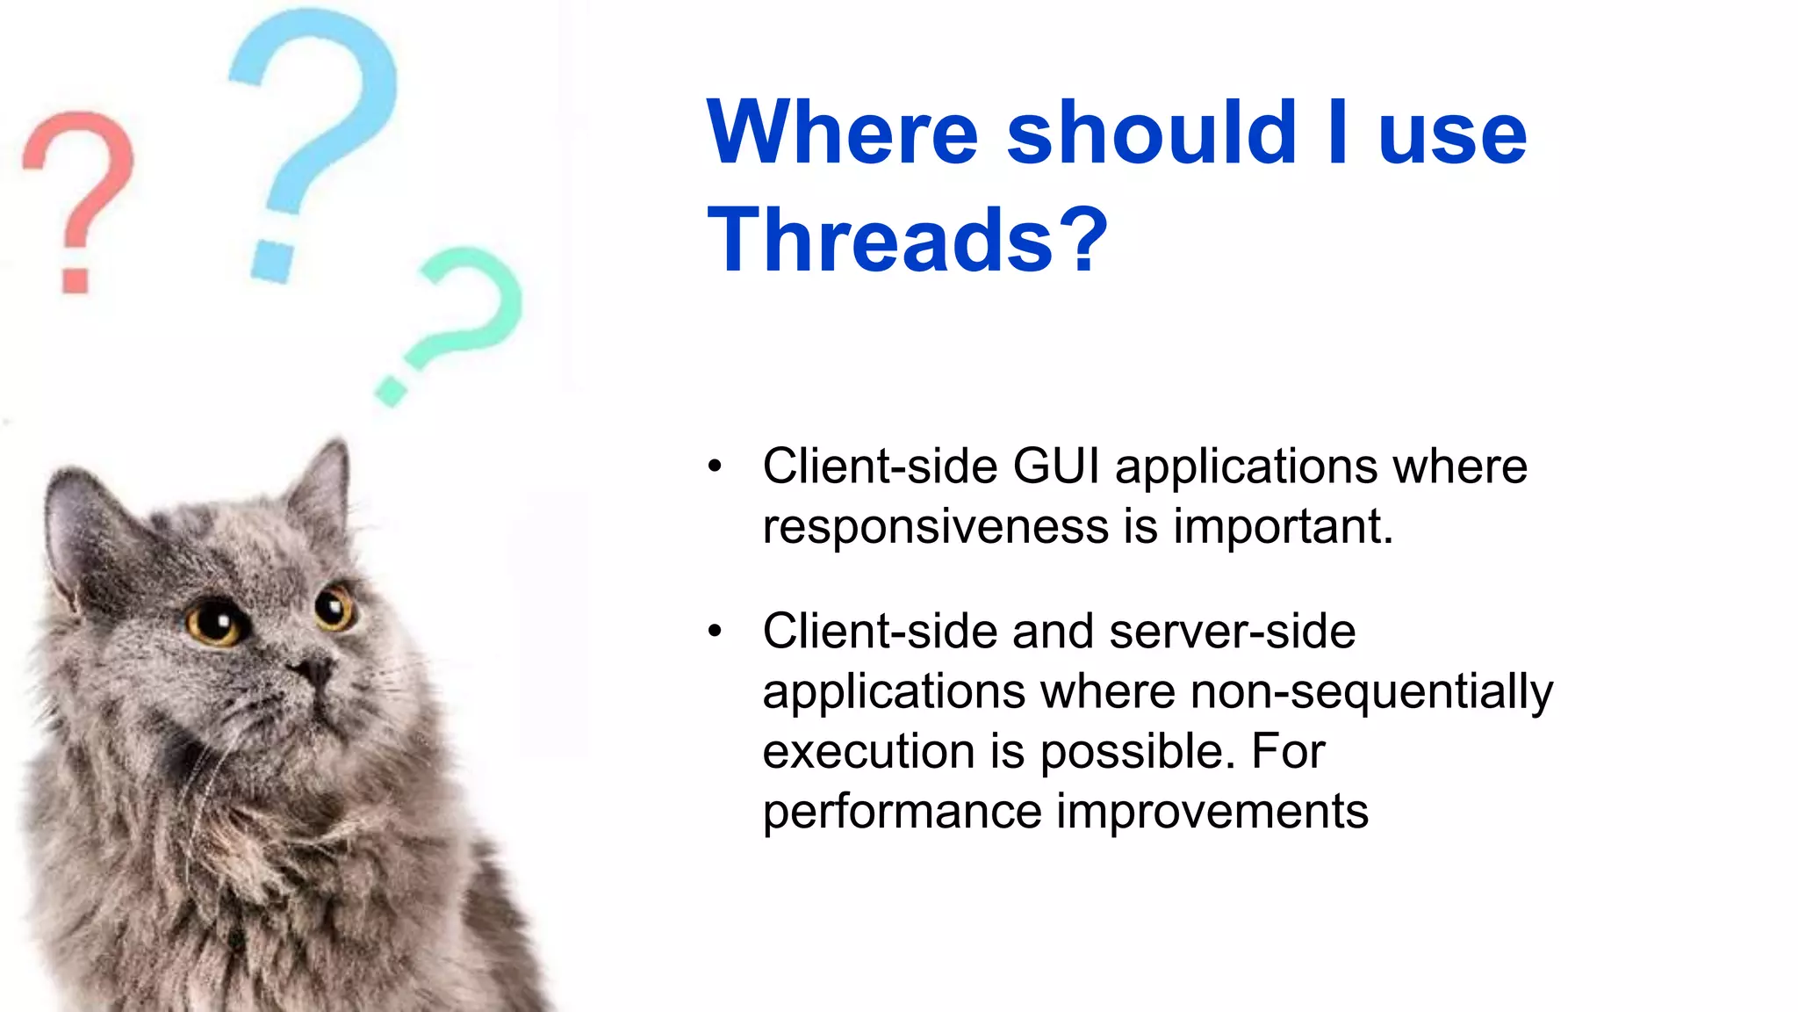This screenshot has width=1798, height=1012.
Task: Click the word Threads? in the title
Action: point(908,240)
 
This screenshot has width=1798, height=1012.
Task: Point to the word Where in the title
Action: point(842,133)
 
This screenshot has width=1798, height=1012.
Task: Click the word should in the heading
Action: point(1151,133)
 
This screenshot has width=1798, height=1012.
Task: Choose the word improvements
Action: point(1212,811)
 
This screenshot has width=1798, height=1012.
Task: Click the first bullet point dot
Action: point(716,466)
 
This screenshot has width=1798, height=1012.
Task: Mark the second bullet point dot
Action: point(716,631)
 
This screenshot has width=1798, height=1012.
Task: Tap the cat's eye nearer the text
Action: point(333,606)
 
